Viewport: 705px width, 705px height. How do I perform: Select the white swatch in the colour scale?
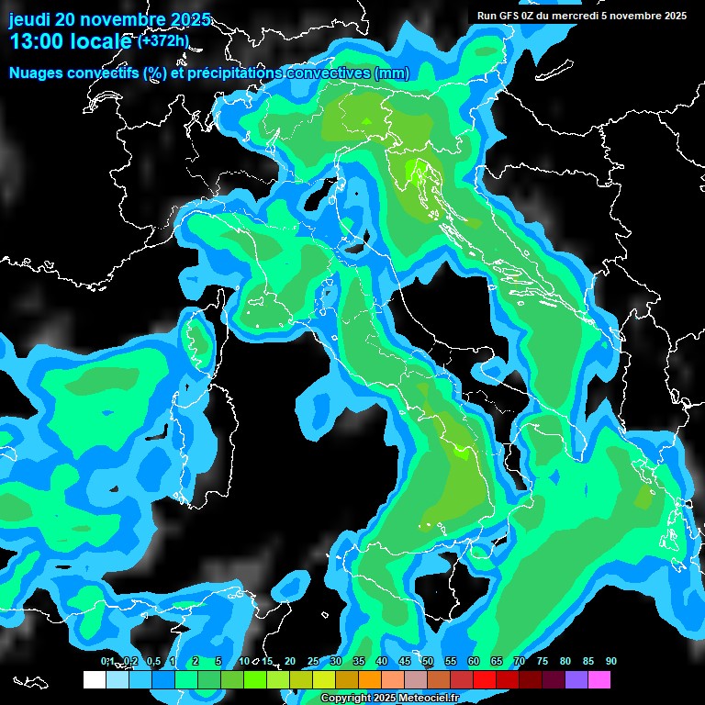(94, 680)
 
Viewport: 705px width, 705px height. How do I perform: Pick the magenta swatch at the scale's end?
(600, 680)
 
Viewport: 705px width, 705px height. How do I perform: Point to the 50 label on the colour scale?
(428, 661)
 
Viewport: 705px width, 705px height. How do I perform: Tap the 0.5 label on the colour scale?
(152, 661)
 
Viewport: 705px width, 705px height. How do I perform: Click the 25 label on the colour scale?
(313, 661)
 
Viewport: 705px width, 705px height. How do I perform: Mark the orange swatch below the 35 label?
(370, 680)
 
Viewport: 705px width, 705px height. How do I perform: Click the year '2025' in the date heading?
(190, 19)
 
